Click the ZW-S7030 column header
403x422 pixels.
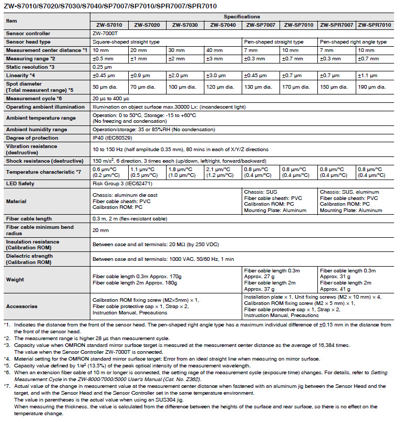coord(185,25)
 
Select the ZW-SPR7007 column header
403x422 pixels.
coord(337,25)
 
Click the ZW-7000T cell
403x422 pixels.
coord(104,33)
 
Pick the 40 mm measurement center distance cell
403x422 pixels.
coord(217,50)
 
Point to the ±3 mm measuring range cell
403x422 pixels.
coord(217,58)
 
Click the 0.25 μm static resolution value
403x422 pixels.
coord(102,67)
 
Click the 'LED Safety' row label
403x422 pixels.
coord(20,183)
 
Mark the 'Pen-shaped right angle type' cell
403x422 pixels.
coord(353,41)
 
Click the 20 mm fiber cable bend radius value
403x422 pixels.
coord(101,230)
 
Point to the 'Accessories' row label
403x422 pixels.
coord(22,306)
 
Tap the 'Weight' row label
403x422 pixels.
coord(15,280)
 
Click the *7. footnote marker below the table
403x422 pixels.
coord(7,386)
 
